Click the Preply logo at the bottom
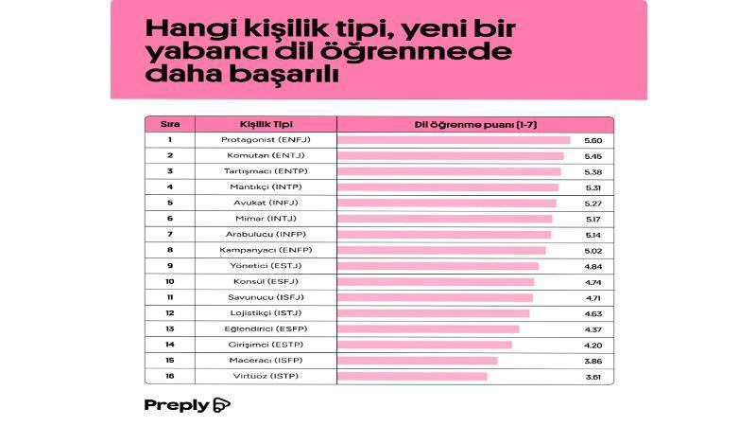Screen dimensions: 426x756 (x=187, y=405)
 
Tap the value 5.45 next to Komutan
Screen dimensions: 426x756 (x=593, y=155)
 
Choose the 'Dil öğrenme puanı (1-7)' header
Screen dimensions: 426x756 (x=463, y=124)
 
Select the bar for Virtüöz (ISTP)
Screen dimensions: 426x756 (x=412, y=377)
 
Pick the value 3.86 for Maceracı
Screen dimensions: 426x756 (x=593, y=361)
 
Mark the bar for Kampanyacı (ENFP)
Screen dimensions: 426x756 (x=441, y=250)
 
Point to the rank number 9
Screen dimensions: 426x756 (x=169, y=266)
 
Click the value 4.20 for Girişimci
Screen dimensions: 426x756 (x=593, y=345)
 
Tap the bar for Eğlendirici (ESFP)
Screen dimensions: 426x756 (x=428, y=329)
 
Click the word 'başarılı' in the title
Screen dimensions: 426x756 (x=287, y=77)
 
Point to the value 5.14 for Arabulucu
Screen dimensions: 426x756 (x=593, y=235)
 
